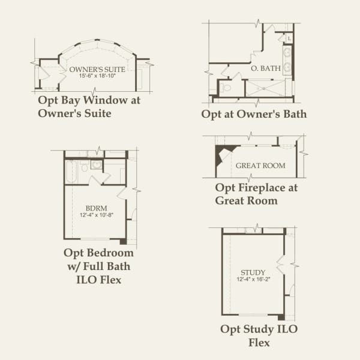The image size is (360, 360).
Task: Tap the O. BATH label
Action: tap(265, 68)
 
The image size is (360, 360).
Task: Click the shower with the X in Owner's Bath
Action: tap(268, 88)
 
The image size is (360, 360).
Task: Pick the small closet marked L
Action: tap(289, 38)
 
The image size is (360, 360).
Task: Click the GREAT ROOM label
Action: tap(260, 166)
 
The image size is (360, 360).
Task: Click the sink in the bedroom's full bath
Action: tap(97, 164)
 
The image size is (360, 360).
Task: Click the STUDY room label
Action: tap(253, 272)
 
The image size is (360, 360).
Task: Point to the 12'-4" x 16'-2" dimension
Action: tap(253, 279)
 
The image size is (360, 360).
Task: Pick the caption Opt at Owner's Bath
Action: tap(254, 114)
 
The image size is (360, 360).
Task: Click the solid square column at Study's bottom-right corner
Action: tap(281, 317)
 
